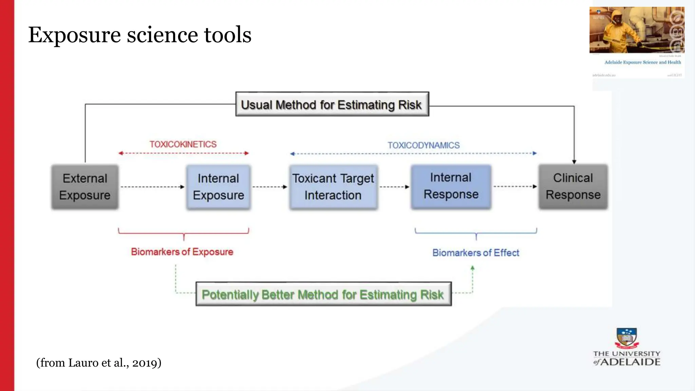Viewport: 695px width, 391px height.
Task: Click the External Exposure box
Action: (x=85, y=187)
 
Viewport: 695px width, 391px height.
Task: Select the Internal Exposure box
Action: (x=218, y=187)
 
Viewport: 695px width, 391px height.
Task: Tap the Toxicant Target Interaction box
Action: (x=333, y=187)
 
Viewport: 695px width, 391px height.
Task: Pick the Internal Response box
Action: (x=451, y=186)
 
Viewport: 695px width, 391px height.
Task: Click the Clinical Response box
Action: (x=573, y=186)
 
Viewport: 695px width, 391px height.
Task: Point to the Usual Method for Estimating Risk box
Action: (x=332, y=105)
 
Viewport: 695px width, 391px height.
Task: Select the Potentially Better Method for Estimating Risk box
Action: (x=323, y=294)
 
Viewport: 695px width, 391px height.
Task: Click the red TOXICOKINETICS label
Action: (x=183, y=144)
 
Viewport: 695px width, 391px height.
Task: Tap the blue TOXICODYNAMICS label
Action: (x=424, y=145)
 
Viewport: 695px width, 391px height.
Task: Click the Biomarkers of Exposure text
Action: (x=182, y=252)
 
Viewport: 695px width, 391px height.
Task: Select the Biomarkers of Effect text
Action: (x=475, y=253)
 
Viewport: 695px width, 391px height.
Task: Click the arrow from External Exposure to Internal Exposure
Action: (x=152, y=187)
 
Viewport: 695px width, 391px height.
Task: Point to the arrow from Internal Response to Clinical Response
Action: (x=515, y=186)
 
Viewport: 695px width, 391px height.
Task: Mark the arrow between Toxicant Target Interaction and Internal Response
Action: (x=394, y=187)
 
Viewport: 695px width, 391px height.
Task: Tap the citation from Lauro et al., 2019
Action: (x=99, y=363)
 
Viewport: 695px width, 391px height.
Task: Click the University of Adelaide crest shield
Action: (x=626, y=337)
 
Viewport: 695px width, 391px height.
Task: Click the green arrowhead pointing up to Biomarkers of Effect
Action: (x=472, y=268)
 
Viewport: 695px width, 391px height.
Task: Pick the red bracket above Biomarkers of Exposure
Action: (x=184, y=233)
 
